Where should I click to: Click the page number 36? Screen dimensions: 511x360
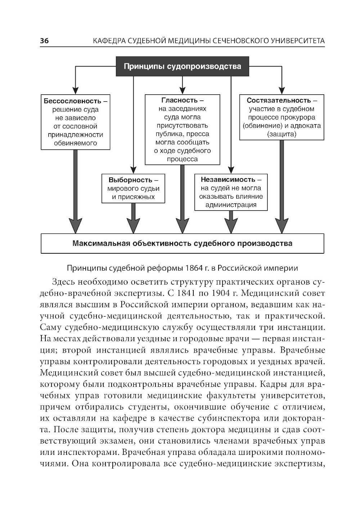coord(44,41)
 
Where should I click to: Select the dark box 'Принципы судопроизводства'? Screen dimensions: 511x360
coord(182,67)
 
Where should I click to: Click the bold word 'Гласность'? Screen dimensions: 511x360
coord(179,100)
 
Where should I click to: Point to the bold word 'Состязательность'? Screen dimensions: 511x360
coord(278,100)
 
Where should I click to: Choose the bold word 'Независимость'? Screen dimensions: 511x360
coord(228,179)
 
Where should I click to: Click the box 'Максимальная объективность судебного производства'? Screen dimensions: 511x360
coord(182,243)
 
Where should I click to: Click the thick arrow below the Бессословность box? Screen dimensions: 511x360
coord(75,191)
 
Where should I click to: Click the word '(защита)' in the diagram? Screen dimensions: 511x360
coord(282,135)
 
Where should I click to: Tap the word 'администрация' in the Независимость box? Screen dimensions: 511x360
coord(231,205)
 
